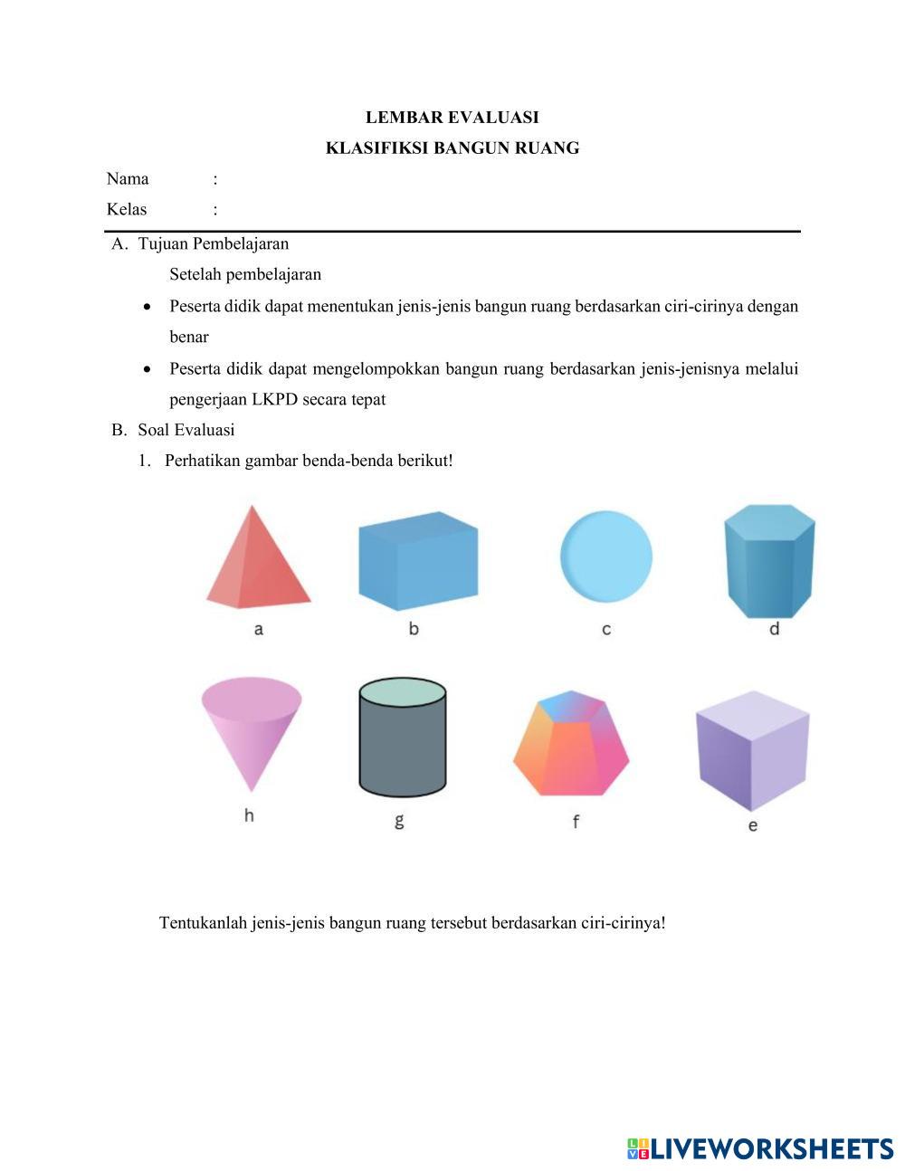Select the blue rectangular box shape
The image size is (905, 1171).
417,561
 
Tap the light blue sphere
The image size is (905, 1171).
605,556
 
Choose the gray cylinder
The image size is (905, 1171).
402,738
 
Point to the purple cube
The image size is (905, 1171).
752,752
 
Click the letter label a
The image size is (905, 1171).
259,629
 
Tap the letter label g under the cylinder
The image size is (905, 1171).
399,821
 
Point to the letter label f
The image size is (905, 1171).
576,822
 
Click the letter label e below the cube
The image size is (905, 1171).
753,825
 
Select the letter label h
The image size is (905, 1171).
249,815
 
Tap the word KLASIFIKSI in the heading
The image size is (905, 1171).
376,148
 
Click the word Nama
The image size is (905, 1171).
128,178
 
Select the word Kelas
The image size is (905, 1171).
127,209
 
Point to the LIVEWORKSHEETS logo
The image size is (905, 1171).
760,1148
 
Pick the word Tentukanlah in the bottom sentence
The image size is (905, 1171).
204,923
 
